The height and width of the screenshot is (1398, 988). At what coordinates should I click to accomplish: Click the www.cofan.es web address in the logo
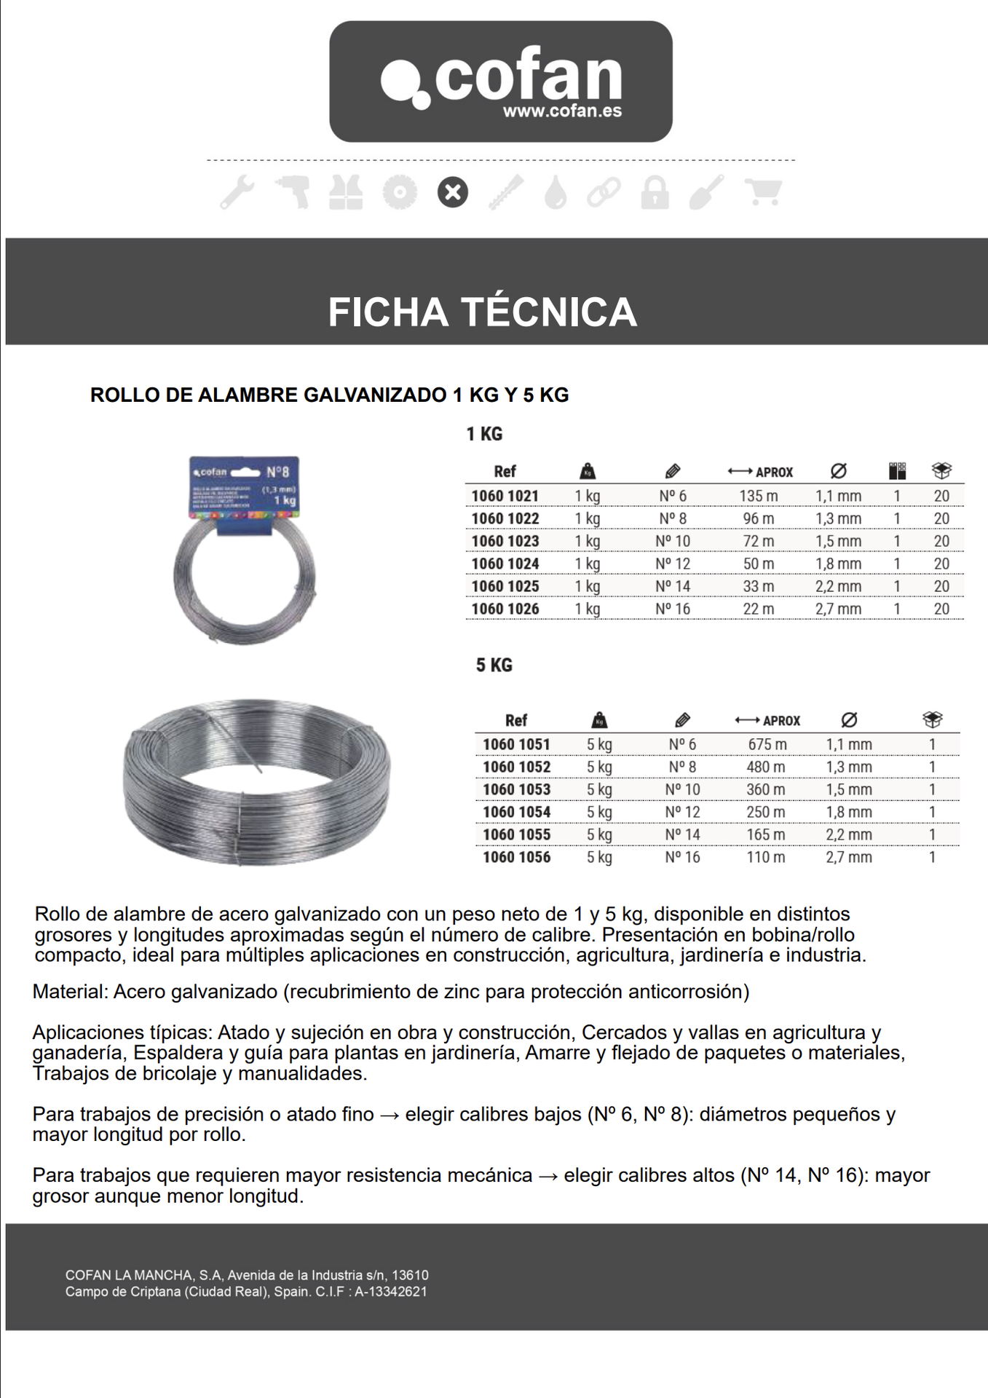(x=562, y=112)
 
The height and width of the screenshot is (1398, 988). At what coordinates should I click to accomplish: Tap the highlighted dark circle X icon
(x=453, y=193)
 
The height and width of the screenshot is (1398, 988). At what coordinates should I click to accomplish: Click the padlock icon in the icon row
(x=655, y=193)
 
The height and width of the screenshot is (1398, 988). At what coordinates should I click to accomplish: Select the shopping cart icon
(x=763, y=191)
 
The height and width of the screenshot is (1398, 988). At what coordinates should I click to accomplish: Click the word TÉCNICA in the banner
(x=550, y=312)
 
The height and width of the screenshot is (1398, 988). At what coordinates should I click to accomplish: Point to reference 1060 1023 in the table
(x=505, y=541)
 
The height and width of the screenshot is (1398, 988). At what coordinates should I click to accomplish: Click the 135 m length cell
(x=759, y=496)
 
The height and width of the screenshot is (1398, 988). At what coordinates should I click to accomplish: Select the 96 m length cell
(x=759, y=518)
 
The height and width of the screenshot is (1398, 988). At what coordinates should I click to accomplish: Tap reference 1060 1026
(x=505, y=609)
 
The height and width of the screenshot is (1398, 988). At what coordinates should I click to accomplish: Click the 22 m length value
(x=759, y=609)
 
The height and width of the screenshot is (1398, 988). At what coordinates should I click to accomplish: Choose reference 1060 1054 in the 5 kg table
(x=516, y=812)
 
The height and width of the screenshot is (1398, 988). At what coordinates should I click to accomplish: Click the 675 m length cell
(x=767, y=744)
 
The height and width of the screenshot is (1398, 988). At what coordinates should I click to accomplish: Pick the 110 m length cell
(x=766, y=857)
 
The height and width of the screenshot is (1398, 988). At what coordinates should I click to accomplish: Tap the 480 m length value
(x=766, y=767)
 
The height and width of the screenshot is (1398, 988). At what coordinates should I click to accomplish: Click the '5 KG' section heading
(x=494, y=665)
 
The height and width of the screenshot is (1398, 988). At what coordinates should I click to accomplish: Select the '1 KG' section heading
(x=484, y=434)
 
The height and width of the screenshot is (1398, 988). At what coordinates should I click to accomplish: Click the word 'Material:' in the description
(x=70, y=992)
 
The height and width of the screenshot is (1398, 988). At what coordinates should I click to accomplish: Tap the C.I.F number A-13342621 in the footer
(x=391, y=1292)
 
